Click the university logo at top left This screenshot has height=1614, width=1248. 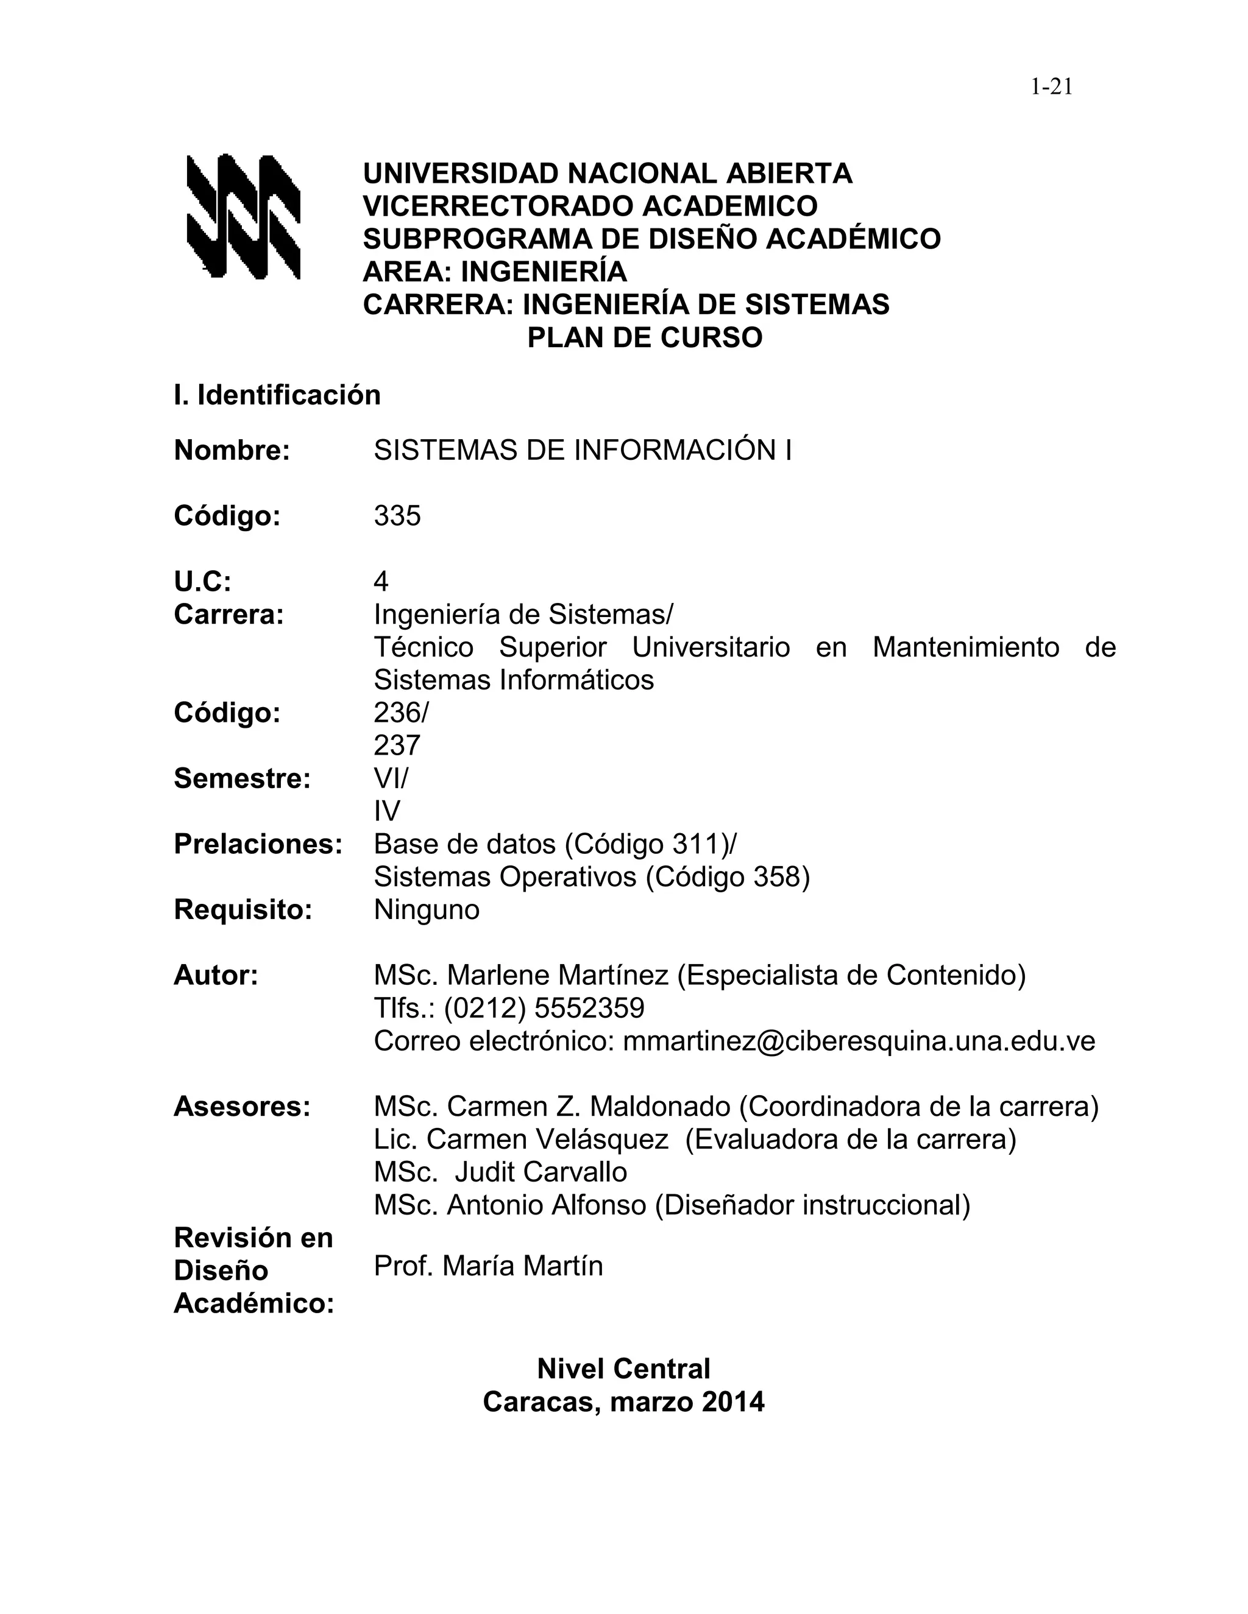pyautogui.click(x=243, y=217)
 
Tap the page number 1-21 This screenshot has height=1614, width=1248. pyautogui.click(x=1051, y=87)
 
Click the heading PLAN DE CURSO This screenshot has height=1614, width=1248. pyautogui.click(x=644, y=338)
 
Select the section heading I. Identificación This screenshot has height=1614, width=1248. pyautogui.click(x=277, y=395)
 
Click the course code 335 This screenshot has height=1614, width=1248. pyautogui.click(x=397, y=516)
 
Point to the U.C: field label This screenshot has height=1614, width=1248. pyautogui.click(x=202, y=582)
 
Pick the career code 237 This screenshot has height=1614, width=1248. pyautogui.click(x=397, y=745)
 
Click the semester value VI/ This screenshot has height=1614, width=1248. pyautogui.click(x=391, y=778)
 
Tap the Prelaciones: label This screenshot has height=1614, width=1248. pyautogui.click(x=258, y=844)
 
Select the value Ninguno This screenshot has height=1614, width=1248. pyautogui.click(x=427, y=910)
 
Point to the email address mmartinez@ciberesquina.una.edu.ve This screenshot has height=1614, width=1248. pyautogui.click(x=859, y=1041)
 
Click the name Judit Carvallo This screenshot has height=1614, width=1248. pyautogui.click(x=541, y=1172)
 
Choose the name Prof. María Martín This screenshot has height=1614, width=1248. pyautogui.click(x=488, y=1266)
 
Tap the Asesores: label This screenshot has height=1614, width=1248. pyautogui.click(x=242, y=1107)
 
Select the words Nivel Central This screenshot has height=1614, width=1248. pyautogui.click(x=623, y=1369)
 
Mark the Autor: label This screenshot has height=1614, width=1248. pyautogui.click(x=216, y=976)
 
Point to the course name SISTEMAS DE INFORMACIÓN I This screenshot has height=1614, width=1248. pyautogui.click(x=583, y=450)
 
